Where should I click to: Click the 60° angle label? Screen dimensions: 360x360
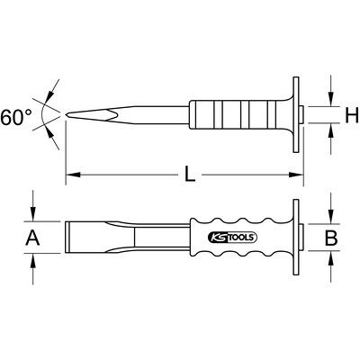(15, 117)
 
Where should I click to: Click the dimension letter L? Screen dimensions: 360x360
(190, 175)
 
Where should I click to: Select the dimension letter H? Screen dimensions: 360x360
(352, 115)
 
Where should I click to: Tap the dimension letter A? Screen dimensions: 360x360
(32, 238)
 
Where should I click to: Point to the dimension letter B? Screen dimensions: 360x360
(331, 238)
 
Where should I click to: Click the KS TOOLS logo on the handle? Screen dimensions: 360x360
(232, 238)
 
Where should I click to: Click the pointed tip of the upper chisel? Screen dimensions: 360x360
(67, 114)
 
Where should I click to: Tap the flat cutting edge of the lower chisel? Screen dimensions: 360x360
(67, 238)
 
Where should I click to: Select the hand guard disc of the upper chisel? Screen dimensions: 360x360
(296, 114)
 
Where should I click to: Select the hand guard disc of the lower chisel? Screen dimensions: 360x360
(296, 238)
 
